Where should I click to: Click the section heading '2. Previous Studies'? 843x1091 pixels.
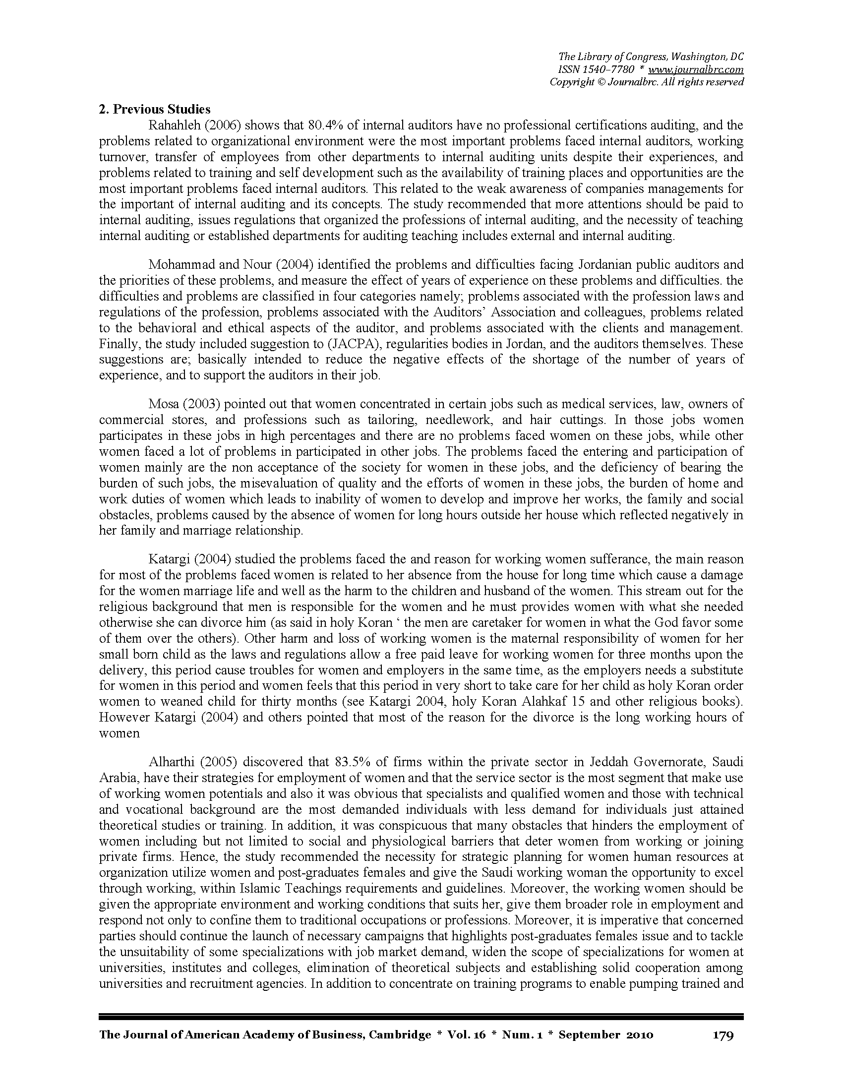tap(155, 110)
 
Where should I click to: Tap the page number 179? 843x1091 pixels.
tap(722, 1034)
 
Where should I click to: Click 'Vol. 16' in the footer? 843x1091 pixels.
tap(468, 1034)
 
